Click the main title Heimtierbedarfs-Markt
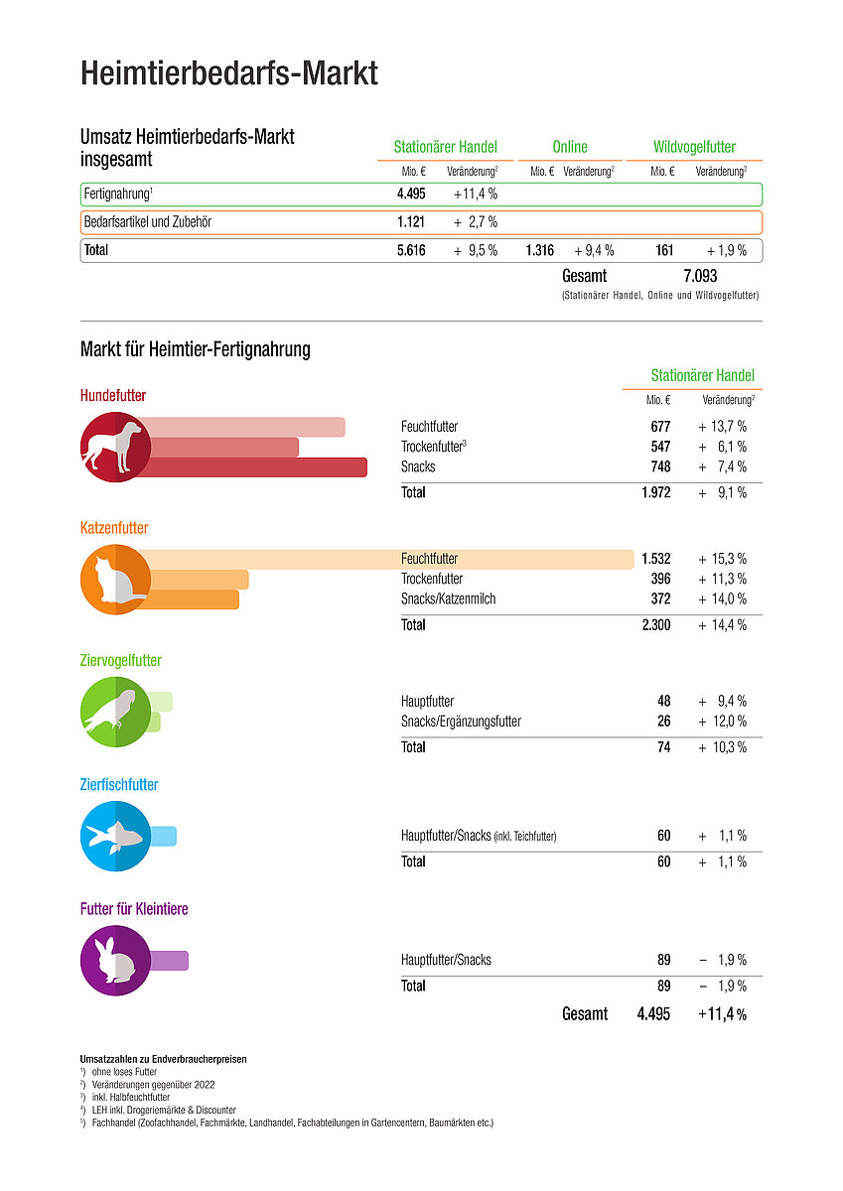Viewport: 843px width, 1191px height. click(228, 73)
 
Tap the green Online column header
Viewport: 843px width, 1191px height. click(569, 147)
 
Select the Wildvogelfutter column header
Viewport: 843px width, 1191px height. click(694, 147)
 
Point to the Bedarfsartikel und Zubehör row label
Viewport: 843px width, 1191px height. click(148, 221)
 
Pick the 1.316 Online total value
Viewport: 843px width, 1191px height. click(539, 250)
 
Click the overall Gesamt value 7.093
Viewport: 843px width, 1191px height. click(699, 276)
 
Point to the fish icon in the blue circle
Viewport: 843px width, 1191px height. click(113, 836)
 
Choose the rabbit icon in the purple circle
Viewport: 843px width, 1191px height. click(115, 960)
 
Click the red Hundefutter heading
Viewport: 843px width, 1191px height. click(113, 396)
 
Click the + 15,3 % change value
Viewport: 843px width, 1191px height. click(722, 559)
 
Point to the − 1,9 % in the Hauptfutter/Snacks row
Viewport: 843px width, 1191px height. click(722, 960)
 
